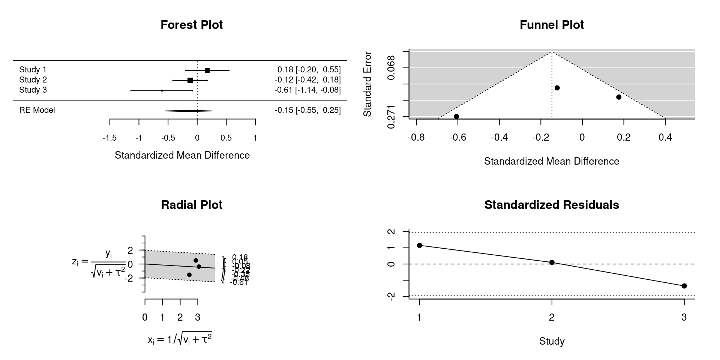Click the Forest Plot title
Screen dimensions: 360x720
click(192, 25)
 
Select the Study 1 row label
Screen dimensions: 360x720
click(33, 70)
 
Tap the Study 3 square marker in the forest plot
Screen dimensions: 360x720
click(162, 90)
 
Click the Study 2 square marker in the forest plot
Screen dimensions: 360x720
click(190, 80)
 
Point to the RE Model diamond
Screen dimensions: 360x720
click(189, 111)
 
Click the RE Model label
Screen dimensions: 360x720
click(37, 110)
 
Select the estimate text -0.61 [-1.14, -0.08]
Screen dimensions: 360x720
click(307, 90)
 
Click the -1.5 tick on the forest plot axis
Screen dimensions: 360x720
click(109, 138)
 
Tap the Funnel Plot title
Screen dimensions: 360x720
click(552, 25)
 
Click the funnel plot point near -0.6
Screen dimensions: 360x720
click(456, 116)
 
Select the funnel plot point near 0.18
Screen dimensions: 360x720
click(619, 97)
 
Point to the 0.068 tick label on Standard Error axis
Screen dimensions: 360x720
click(391, 67)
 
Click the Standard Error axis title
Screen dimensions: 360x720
click(367, 84)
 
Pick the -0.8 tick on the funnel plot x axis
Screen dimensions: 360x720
click(416, 138)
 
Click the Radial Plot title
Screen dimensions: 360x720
click(192, 205)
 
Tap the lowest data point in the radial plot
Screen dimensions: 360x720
click(189, 275)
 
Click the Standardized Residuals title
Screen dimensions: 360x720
click(552, 205)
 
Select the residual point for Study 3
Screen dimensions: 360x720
click(684, 286)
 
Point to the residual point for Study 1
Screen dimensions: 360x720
click(420, 245)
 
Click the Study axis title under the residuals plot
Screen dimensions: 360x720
click(552, 341)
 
